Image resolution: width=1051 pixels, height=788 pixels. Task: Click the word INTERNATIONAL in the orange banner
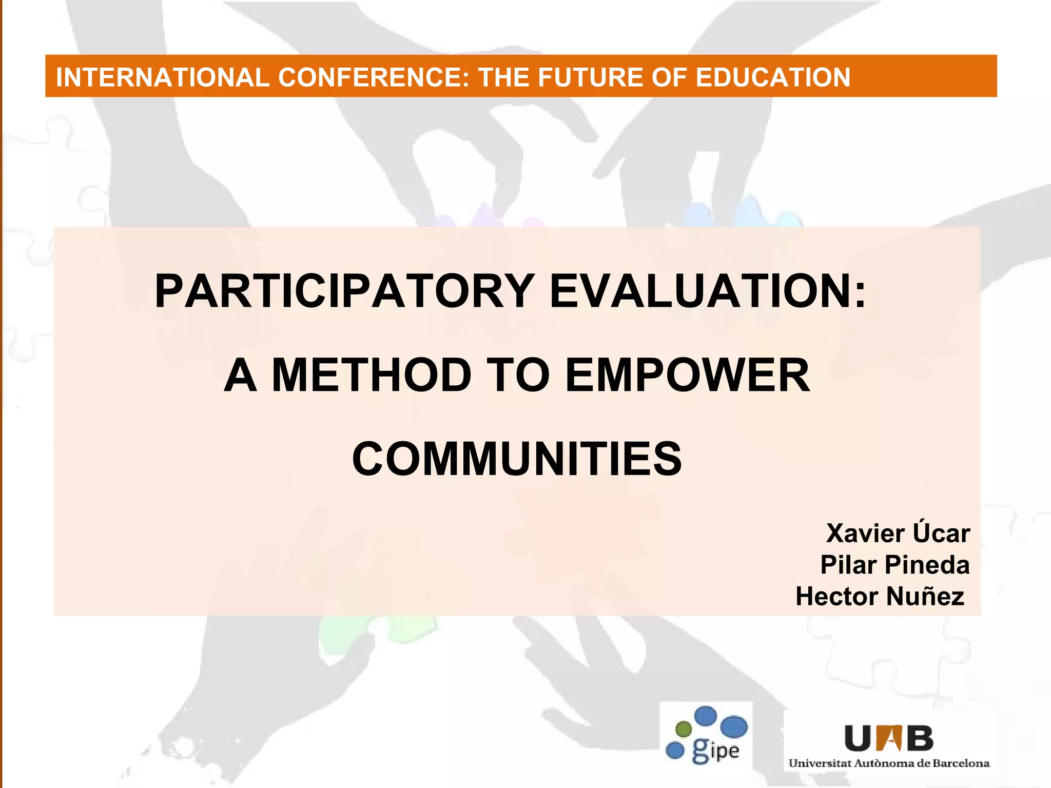click(x=162, y=77)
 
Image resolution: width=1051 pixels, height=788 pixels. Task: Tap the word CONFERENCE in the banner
click(x=373, y=77)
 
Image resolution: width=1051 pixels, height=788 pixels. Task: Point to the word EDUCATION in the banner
click(x=773, y=77)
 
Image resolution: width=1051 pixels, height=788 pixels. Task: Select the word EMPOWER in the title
click(x=687, y=376)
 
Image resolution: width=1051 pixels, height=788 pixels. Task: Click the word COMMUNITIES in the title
click(x=517, y=459)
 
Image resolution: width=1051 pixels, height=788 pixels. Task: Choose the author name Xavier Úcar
click(x=898, y=534)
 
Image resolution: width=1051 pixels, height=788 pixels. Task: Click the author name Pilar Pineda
click(x=895, y=565)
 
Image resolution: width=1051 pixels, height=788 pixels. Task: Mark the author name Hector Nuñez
click(x=880, y=597)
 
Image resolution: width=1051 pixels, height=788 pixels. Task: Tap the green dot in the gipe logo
click(x=684, y=728)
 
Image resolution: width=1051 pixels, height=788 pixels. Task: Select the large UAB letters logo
click(x=889, y=738)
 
